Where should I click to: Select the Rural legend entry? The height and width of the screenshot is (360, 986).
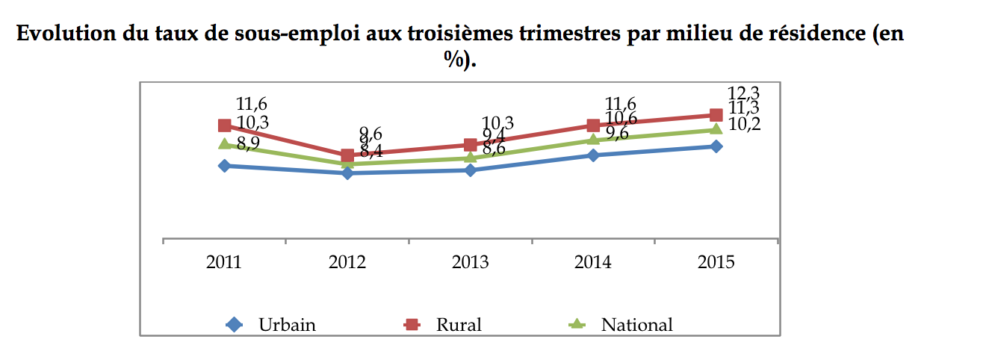459,325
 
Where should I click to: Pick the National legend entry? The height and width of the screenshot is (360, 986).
636,325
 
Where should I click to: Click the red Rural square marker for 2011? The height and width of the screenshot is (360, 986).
224,125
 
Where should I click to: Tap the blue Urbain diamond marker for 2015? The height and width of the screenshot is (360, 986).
716,146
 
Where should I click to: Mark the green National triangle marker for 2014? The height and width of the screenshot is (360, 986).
593,140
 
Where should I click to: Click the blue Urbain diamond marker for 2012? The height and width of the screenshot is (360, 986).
347,173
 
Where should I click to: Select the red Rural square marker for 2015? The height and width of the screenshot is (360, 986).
716,115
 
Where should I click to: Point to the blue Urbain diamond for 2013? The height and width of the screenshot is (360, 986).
470,170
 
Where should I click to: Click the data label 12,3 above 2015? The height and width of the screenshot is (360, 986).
743,94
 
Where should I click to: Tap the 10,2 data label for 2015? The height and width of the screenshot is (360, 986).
743,125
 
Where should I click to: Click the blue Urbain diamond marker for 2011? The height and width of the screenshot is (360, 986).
224,166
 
